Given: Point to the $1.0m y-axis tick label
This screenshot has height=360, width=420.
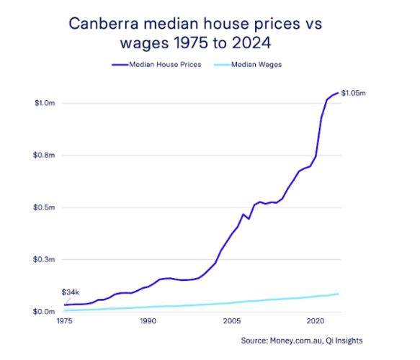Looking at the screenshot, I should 45,103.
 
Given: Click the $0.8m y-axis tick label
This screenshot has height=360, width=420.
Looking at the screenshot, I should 45,156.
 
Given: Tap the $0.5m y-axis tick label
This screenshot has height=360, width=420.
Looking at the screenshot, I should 45,207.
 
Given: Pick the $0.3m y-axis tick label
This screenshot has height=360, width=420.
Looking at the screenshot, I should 45,259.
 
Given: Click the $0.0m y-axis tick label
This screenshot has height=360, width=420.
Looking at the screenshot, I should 45,311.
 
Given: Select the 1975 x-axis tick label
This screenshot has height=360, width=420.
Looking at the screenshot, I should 64,322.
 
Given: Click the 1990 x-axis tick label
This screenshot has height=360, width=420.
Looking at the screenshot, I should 148,322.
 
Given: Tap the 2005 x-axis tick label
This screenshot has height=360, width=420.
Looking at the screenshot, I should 231,322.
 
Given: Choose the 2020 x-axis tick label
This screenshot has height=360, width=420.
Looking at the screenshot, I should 315,322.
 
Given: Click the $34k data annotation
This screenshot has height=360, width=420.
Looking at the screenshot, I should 70,292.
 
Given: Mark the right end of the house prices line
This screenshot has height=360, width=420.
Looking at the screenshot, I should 338,93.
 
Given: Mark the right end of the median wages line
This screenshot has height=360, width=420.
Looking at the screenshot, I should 338,294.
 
